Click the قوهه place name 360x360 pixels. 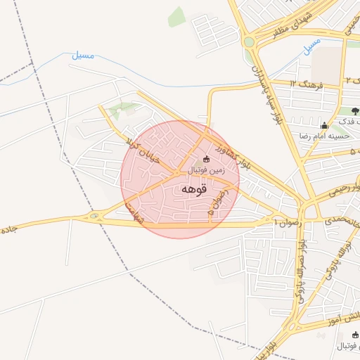193,189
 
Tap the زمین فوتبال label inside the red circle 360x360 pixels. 205,170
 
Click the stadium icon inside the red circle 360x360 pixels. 205,159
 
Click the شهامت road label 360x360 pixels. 133,212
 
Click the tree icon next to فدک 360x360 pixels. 354,110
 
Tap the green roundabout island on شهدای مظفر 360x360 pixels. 248,42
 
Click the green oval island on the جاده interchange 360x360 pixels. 94,216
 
